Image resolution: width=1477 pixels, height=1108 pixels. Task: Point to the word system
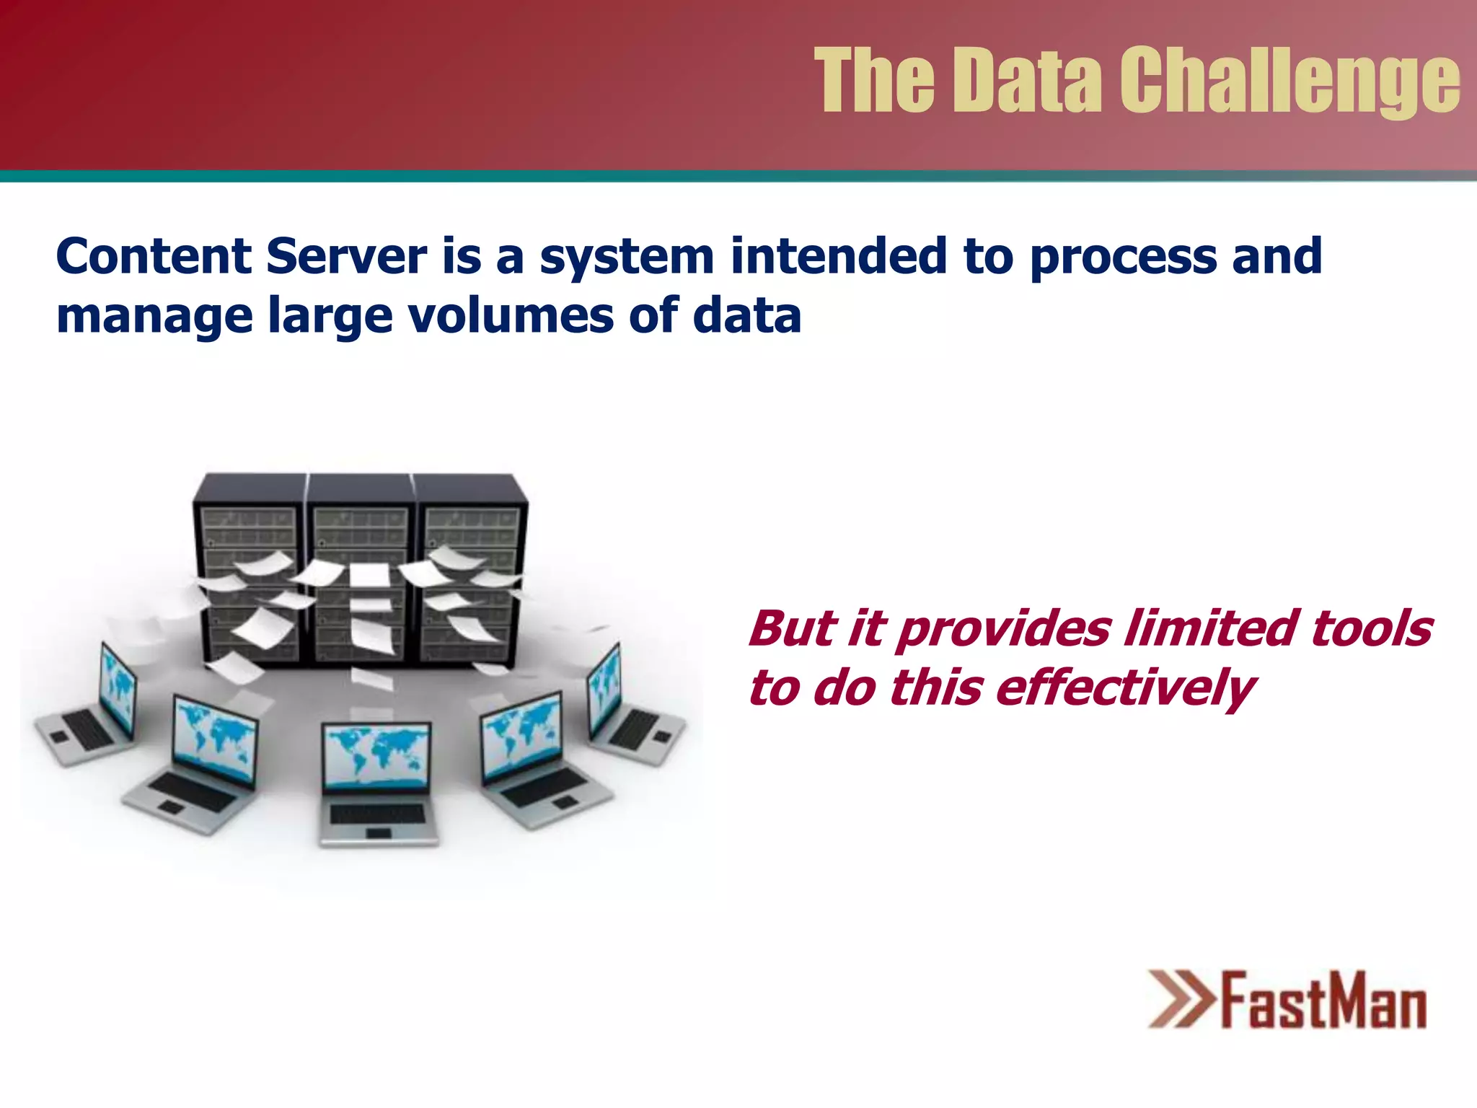coord(626,258)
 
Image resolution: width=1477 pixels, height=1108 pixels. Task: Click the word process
coord(1122,258)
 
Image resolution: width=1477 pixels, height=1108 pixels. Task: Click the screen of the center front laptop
coord(376,755)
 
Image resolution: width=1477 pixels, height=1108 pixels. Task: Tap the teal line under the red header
coord(738,176)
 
